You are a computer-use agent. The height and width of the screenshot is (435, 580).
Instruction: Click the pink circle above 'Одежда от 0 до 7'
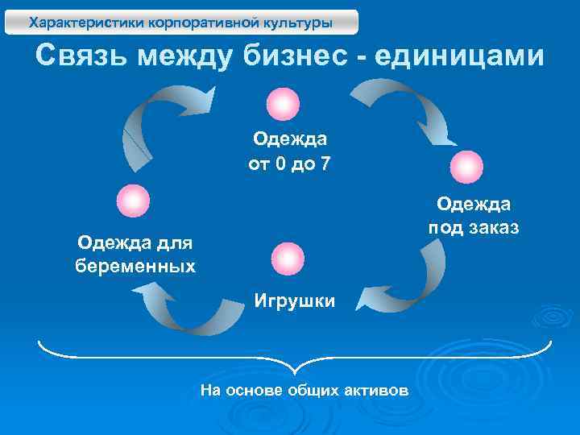click(283, 104)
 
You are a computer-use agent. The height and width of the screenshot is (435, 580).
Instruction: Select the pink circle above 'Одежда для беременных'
click(133, 201)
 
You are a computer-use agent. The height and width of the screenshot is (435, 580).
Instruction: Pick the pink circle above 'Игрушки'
click(288, 259)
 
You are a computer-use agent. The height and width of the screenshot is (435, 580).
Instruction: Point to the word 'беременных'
click(135, 265)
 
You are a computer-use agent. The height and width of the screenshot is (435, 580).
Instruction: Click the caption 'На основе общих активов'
click(304, 390)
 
